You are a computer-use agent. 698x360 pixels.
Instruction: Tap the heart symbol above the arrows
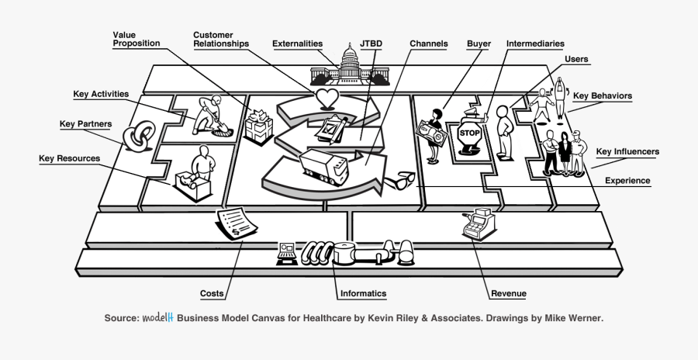[x=327, y=98]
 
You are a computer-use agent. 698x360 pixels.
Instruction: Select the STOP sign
[x=470, y=133]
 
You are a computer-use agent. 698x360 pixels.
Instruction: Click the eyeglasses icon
[x=402, y=180]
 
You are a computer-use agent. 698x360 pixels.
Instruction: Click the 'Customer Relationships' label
[x=221, y=39]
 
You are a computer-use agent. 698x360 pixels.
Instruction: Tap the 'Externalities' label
[x=297, y=44]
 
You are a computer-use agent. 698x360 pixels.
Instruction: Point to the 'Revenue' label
[x=509, y=294]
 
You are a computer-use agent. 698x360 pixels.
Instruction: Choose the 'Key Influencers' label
[x=628, y=151]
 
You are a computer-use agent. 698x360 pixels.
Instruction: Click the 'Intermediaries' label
[x=534, y=44]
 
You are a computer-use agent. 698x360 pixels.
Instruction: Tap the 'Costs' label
[x=213, y=294]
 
